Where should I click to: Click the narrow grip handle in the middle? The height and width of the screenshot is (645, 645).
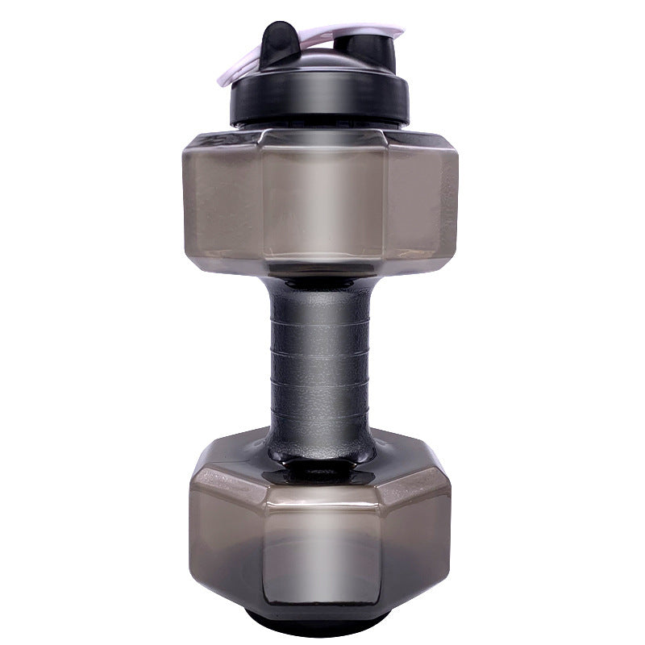pos(321,355)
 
